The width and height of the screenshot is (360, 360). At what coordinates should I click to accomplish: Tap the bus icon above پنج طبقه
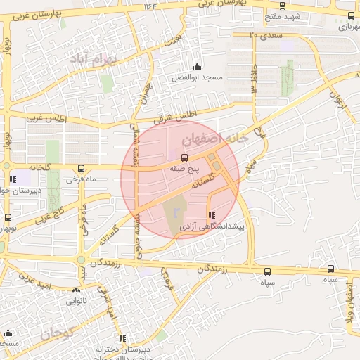click(x=185, y=158)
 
